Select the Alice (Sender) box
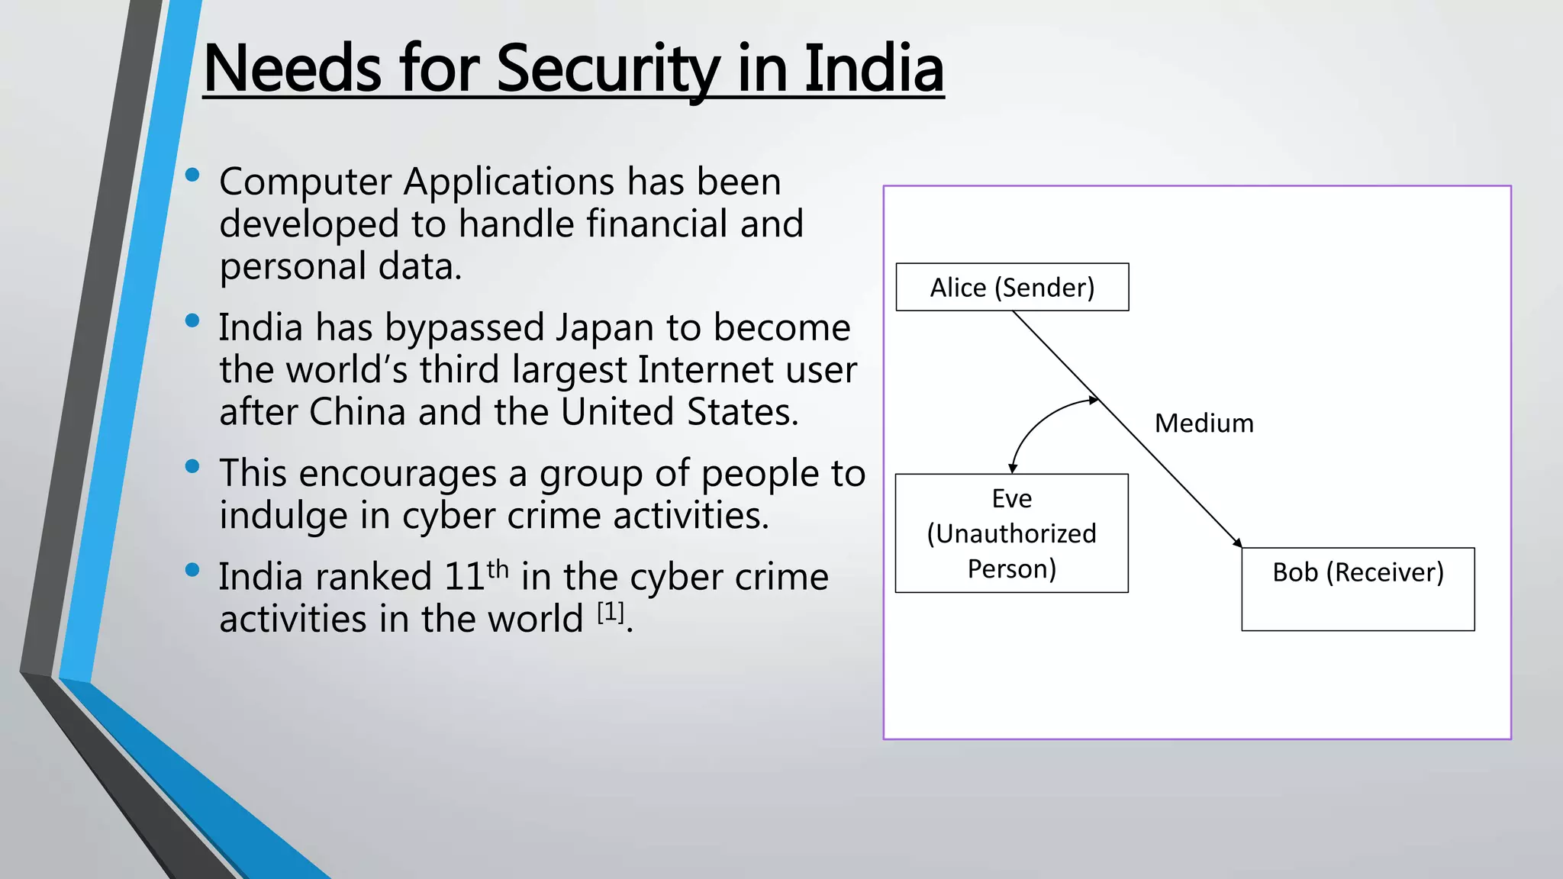(1012, 288)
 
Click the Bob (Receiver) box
(1358, 588)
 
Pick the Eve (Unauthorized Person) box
(1011, 533)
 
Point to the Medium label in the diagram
(1204, 423)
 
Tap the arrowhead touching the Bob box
(1237, 542)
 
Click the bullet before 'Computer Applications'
(192, 175)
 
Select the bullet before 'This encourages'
(192, 466)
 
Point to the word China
(357, 412)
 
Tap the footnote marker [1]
(611, 612)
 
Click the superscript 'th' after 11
(498, 569)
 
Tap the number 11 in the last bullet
(464, 577)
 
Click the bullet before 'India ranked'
(192, 570)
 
